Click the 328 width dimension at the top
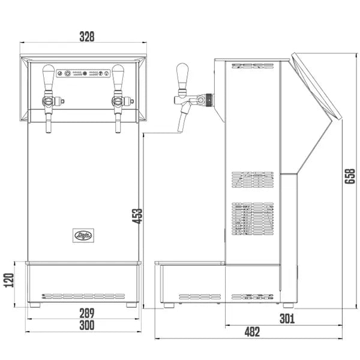(x=87, y=37)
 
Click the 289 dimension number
(x=87, y=313)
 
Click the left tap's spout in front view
(x=48, y=123)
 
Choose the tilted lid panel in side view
(x=317, y=90)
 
